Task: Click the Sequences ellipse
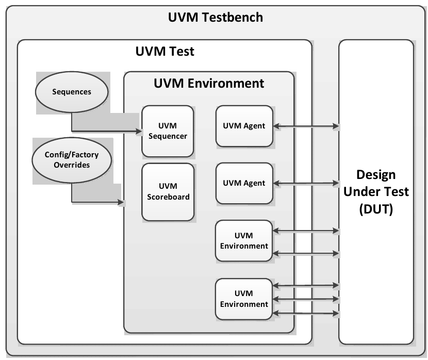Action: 72,92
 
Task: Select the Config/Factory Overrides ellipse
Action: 71,160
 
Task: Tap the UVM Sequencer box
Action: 168,132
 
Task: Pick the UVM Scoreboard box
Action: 168,191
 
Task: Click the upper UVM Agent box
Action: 244,126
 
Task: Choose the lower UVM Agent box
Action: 244,183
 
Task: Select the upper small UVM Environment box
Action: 244,241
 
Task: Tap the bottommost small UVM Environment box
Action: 244,299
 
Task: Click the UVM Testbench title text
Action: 216,18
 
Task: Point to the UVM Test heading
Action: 164,52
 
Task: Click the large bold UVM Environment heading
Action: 209,83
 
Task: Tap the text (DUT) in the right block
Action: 376,210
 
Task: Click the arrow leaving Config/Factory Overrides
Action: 98,202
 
